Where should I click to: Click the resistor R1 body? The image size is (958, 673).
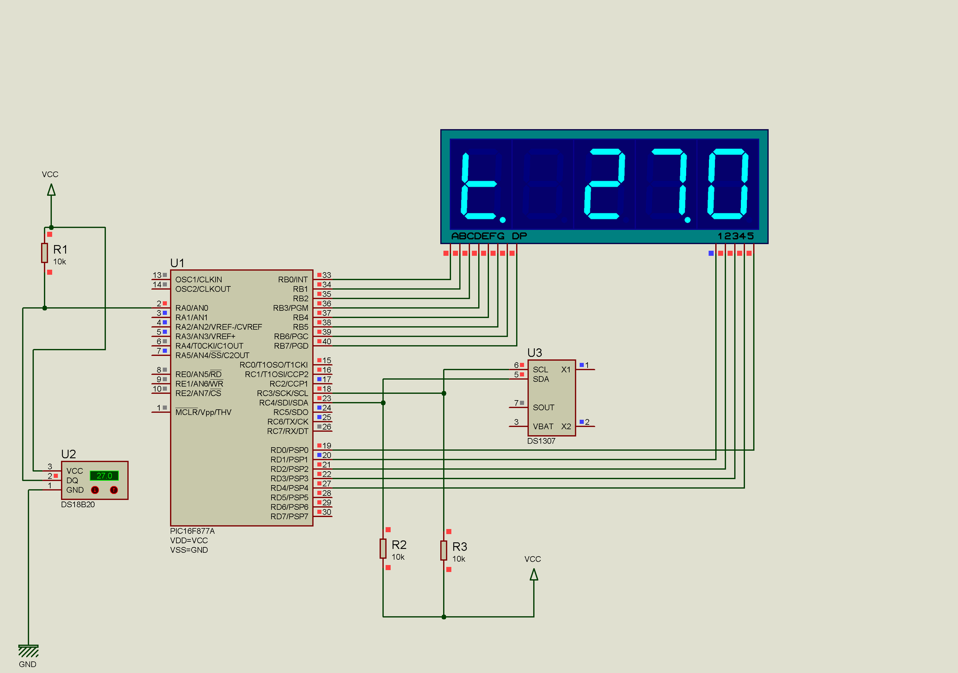[44, 253]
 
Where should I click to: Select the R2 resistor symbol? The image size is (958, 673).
[383, 548]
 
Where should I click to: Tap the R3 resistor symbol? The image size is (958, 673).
[443, 551]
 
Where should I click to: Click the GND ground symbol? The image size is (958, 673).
[28, 651]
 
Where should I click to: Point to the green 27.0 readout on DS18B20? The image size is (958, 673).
[104, 476]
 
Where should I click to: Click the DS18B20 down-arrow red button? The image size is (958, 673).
[95, 490]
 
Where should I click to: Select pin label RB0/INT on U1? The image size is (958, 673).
[293, 279]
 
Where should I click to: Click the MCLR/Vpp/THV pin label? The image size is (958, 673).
[203, 412]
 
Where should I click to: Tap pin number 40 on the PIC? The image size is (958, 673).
[327, 341]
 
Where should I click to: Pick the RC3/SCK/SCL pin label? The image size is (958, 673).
[283, 393]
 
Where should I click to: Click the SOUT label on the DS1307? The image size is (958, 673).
[543, 407]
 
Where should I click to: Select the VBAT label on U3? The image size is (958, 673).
[543, 426]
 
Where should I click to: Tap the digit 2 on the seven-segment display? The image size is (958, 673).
[604, 184]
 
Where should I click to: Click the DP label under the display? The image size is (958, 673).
[519, 236]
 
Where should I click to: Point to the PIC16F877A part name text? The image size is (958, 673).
[192, 531]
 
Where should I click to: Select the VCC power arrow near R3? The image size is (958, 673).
[534, 574]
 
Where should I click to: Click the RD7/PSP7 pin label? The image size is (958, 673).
[289, 516]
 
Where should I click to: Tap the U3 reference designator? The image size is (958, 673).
[534, 353]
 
